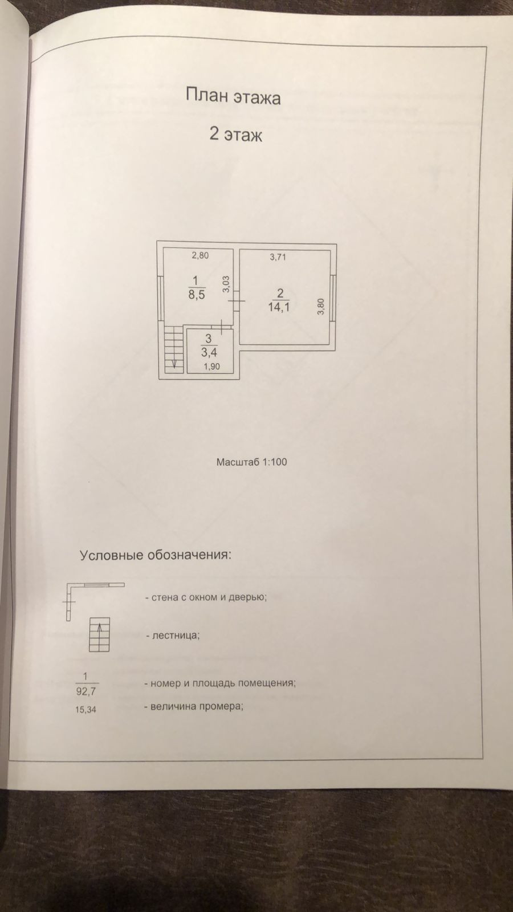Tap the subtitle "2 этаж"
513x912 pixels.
(235, 136)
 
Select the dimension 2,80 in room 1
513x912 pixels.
(199, 255)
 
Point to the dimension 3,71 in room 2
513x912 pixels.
(278, 257)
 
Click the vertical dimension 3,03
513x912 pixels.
(226, 284)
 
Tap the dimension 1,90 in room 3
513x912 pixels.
(211, 367)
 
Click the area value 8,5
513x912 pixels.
(196, 295)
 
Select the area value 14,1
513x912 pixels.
(279, 308)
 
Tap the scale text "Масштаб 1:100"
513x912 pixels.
(251, 462)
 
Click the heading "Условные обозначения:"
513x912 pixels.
(156, 556)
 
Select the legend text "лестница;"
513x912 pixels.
(175, 635)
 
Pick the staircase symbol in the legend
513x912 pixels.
(100, 635)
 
